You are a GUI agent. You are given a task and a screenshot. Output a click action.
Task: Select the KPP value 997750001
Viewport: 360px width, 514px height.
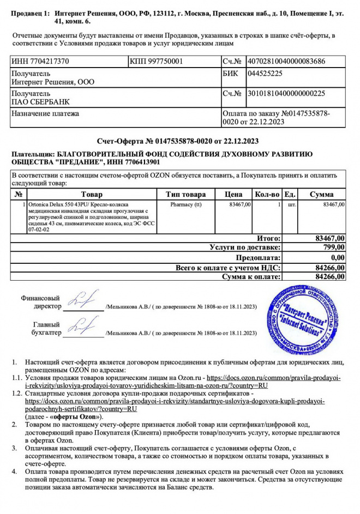click(x=164, y=61)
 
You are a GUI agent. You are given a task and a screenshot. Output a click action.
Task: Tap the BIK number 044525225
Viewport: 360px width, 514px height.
click(x=265, y=73)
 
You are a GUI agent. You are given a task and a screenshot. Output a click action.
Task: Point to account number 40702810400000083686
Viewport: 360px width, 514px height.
click(x=286, y=61)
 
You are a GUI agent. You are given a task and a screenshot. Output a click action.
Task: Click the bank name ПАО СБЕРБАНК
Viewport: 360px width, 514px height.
click(x=41, y=101)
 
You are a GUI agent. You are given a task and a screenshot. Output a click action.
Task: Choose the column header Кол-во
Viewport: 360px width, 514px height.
click(x=267, y=195)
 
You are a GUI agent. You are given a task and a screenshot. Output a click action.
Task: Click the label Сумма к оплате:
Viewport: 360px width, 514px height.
click(x=251, y=277)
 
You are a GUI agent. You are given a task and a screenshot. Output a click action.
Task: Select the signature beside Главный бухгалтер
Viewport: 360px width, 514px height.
click(x=81, y=327)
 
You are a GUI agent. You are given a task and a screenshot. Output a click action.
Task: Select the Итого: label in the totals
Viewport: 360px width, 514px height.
click(x=269, y=238)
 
